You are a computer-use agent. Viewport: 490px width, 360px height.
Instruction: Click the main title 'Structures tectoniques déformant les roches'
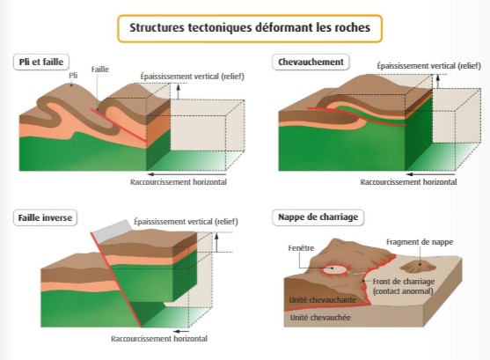pos(250,28)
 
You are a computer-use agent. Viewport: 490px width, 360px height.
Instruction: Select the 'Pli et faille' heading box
pos(41,62)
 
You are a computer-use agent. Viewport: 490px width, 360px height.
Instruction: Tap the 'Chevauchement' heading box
pos(311,62)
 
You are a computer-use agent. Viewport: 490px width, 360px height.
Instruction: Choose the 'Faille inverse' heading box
pos(45,217)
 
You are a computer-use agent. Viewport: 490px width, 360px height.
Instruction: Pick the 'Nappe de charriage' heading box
pos(318,217)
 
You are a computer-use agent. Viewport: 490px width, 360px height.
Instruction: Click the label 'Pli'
pos(73,76)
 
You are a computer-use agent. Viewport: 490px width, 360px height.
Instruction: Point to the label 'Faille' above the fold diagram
pos(100,70)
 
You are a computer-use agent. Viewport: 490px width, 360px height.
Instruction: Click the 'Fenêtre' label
pos(301,248)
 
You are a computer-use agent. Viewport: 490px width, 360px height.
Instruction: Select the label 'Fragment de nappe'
pos(420,242)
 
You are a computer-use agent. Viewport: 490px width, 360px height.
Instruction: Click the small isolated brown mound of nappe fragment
pos(418,267)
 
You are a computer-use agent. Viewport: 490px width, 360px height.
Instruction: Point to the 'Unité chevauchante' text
pos(323,300)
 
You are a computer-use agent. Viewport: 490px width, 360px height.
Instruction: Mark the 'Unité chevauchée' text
pos(320,318)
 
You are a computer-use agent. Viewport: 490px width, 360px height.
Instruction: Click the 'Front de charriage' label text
pos(404,282)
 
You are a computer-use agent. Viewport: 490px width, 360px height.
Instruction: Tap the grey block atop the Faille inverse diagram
pos(113,231)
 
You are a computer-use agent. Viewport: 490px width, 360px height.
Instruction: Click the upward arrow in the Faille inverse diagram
pos(216,242)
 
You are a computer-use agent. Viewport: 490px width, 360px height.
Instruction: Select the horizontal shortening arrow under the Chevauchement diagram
pos(430,174)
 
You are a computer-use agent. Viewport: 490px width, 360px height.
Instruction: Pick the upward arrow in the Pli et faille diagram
pos(178,92)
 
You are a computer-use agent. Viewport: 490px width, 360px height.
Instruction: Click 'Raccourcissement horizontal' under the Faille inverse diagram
pos(159,339)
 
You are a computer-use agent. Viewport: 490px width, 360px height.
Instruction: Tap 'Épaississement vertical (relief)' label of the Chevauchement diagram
pos(428,66)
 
